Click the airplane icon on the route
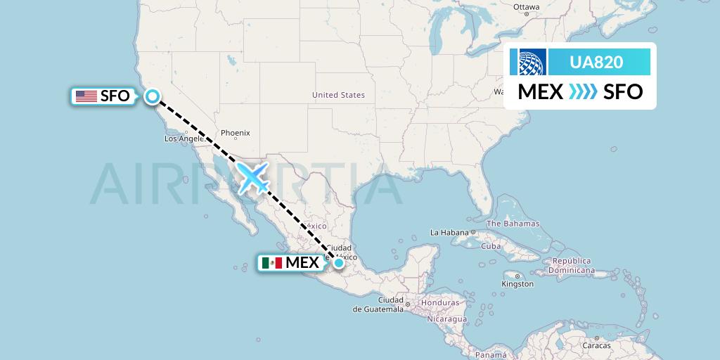click(254, 177)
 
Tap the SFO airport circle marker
click(152, 97)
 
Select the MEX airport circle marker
click(339, 263)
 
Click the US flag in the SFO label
click(86, 96)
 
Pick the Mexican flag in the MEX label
click(271, 263)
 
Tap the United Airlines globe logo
click(532, 62)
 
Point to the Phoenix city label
click(235, 133)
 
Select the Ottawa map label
click(526, 7)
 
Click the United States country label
click(338, 95)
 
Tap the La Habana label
click(449, 232)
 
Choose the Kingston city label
click(517, 284)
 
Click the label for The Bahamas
click(513, 224)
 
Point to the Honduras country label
click(440, 303)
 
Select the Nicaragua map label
click(444, 319)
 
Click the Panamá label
click(489, 355)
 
